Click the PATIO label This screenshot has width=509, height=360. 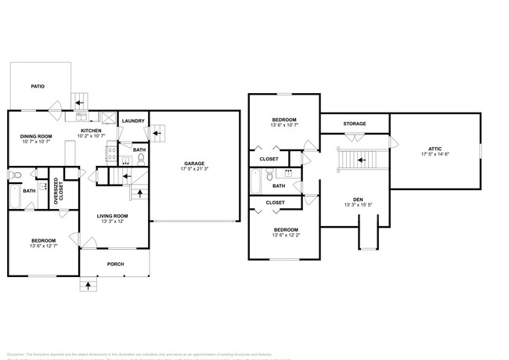(x=37, y=86)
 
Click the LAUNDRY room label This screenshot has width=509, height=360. (x=133, y=121)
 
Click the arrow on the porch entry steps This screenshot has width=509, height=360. (x=87, y=286)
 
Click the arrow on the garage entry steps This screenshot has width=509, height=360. (x=157, y=133)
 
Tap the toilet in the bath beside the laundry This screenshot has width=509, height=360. (x=140, y=160)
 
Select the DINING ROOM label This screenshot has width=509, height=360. (x=35, y=136)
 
